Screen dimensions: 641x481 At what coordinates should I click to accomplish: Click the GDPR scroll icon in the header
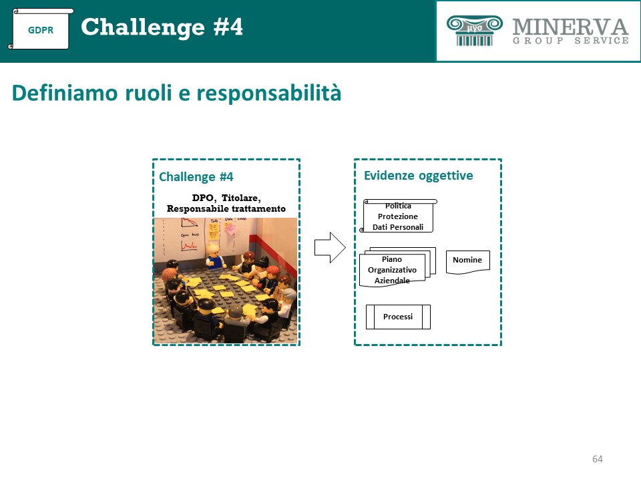[x=41, y=29]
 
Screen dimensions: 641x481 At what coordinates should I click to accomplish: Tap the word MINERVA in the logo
[x=570, y=27]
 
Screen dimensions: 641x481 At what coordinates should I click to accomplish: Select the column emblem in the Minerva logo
[x=474, y=30]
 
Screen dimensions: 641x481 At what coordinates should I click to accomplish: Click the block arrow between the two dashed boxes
[x=330, y=247]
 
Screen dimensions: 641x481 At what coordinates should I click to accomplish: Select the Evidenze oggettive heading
[x=418, y=176]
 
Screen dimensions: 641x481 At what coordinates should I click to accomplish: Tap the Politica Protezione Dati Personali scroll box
[x=398, y=216]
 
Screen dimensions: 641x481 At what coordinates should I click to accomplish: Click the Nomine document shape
[x=467, y=262]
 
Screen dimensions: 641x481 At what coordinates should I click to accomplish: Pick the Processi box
[x=398, y=317]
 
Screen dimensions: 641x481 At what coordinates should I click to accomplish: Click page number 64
[x=597, y=459]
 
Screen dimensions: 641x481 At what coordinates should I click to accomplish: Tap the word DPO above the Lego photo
[x=203, y=198]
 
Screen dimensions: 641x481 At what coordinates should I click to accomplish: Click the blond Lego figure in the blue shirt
[x=214, y=256]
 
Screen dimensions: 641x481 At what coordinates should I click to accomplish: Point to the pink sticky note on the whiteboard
[x=230, y=228]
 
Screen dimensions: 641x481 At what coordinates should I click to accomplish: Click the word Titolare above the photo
[x=241, y=198]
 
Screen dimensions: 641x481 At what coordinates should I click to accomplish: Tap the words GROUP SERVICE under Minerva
[x=571, y=41]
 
